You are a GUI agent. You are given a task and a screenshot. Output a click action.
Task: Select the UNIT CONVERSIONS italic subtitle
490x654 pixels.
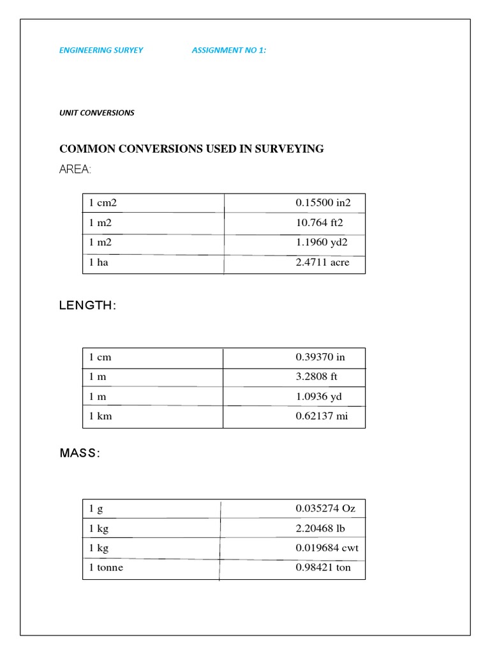(x=97, y=112)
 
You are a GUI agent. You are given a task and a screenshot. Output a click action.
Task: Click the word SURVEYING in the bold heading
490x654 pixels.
(x=290, y=149)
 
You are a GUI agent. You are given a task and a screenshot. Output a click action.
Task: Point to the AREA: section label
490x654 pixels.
(x=75, y=169)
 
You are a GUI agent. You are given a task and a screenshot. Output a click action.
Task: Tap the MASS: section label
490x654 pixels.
(x=80, y=453)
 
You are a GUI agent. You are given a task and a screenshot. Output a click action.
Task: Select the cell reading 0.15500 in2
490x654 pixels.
(x=323, y=203)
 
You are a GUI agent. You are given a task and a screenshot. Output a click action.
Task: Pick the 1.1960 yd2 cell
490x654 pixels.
(x=322, y=243)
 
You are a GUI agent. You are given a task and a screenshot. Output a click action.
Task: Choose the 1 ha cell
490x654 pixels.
(x=99, y=262)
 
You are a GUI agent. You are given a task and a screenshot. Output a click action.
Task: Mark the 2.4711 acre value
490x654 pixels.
(x=322, y=262)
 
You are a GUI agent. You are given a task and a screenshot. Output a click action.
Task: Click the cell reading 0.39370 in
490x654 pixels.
(x=320, y=357)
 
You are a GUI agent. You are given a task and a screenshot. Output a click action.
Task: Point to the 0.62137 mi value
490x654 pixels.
(x=321, y=416)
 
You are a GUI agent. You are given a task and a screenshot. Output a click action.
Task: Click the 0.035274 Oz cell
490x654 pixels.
(x=325, y=509)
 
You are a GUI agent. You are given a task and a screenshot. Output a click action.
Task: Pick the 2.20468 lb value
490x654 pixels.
(x=320, y=529)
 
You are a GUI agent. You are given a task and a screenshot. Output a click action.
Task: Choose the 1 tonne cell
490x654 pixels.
(x=107, y=568)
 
